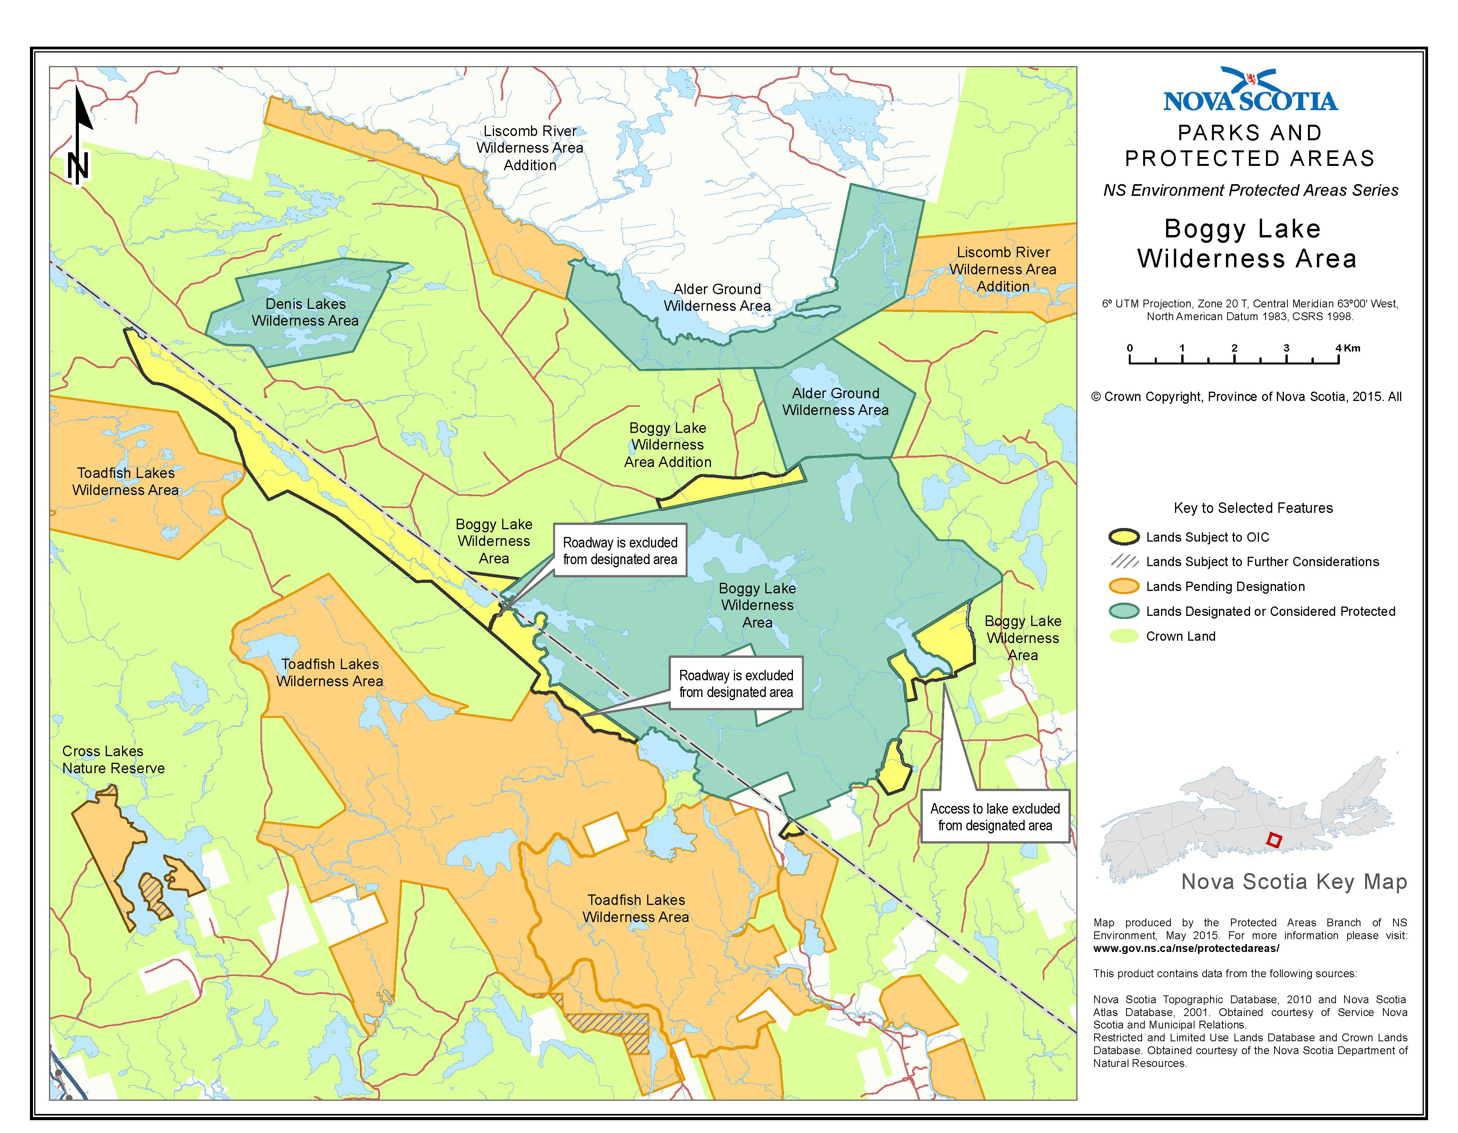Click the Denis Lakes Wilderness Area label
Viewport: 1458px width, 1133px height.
tap(305, 312)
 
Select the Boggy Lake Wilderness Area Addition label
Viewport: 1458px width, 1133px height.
tap(667, 444)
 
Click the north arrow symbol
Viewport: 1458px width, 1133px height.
tap(80, 137)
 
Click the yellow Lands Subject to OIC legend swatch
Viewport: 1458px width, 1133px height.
tap(1124, 537)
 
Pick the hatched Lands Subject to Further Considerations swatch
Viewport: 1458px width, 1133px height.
tap(1124, 561)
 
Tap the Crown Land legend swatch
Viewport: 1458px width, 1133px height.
tap(1124, 636)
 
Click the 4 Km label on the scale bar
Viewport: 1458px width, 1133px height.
tap(1347, 348)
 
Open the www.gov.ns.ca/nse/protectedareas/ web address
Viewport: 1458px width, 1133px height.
tap(1186, 948)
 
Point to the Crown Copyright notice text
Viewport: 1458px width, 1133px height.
tap(1246, 396)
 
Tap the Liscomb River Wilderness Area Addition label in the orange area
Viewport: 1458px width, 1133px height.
tap(1003, 269)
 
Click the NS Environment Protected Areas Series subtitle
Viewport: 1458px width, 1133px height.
tap(1250, 190)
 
